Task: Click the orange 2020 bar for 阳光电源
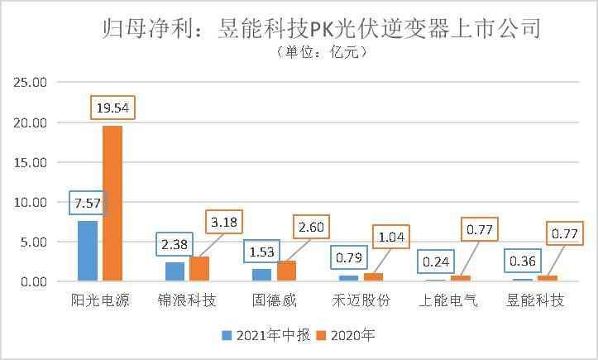[112, 204]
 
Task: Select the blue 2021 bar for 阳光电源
[88, 251]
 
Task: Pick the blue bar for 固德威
[262, 275]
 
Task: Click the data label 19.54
[112, 107]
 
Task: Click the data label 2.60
[310, 226]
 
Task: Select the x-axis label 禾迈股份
[361, 300]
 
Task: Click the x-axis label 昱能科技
[535, 300]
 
